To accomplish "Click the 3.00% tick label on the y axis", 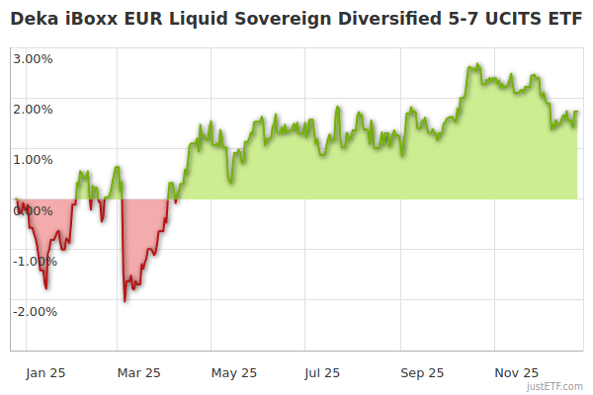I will (33, 58).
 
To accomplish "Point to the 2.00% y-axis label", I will (33, 109).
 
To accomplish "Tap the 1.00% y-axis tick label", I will (33, 159).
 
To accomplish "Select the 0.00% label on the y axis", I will (33, 210).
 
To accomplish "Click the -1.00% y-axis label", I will (35, 261).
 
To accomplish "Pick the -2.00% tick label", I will (35, 311).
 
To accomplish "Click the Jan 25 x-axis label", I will (45, 372).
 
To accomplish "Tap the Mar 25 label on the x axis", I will (138, 372).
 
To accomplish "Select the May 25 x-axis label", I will (234, 372).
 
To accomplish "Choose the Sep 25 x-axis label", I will (422, 372).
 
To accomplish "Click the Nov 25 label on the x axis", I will (516, 372).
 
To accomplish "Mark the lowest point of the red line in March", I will (125, 300).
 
